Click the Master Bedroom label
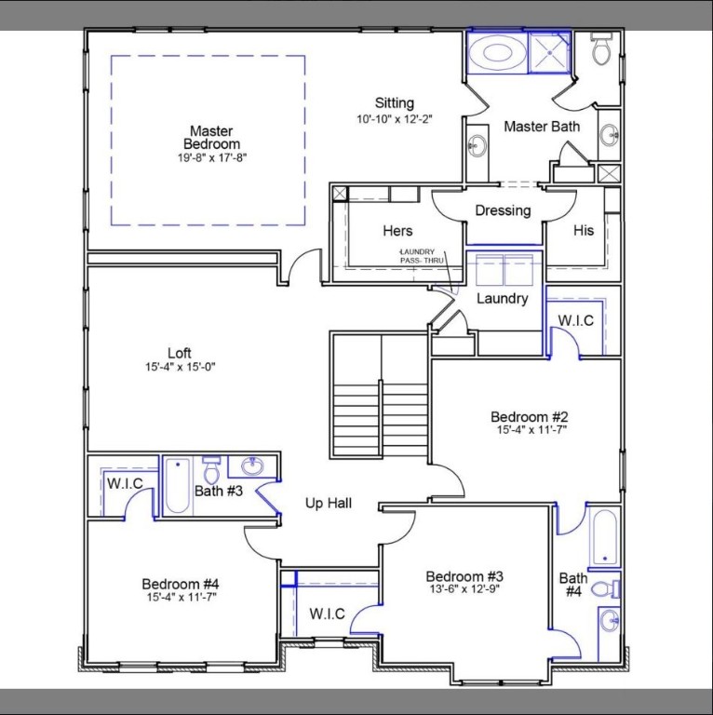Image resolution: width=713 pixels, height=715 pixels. click(x=211, y=138)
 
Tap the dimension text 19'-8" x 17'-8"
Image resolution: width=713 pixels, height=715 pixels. click(x=211, y=157)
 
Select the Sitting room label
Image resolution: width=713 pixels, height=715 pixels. click(x=395, y=103)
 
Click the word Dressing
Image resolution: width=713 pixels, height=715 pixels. click(x=503, y=210)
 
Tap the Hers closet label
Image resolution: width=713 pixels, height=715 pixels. click(x=397, y=231)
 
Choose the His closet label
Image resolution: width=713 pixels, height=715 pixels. click(x=583, y=231)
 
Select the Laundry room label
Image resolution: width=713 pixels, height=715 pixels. click(x=503, y=299)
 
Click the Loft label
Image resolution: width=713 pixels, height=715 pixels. click(x=180, y=353)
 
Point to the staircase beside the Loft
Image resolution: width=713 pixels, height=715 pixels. click(x=381, y=396)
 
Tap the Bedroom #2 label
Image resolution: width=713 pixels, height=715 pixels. click(x=530, y=416)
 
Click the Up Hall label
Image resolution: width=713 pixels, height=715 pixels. click(x=329, y=504)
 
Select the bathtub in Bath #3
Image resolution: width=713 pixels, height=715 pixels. click(x=177, y=486)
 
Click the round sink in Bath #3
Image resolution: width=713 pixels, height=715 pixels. click(x=251, y=466)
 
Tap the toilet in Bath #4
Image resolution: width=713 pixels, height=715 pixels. click(x=602, y=588)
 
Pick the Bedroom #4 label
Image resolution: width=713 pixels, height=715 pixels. click(x=181, y=584)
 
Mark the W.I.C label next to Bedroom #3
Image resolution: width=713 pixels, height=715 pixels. click(x=328, y=614)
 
